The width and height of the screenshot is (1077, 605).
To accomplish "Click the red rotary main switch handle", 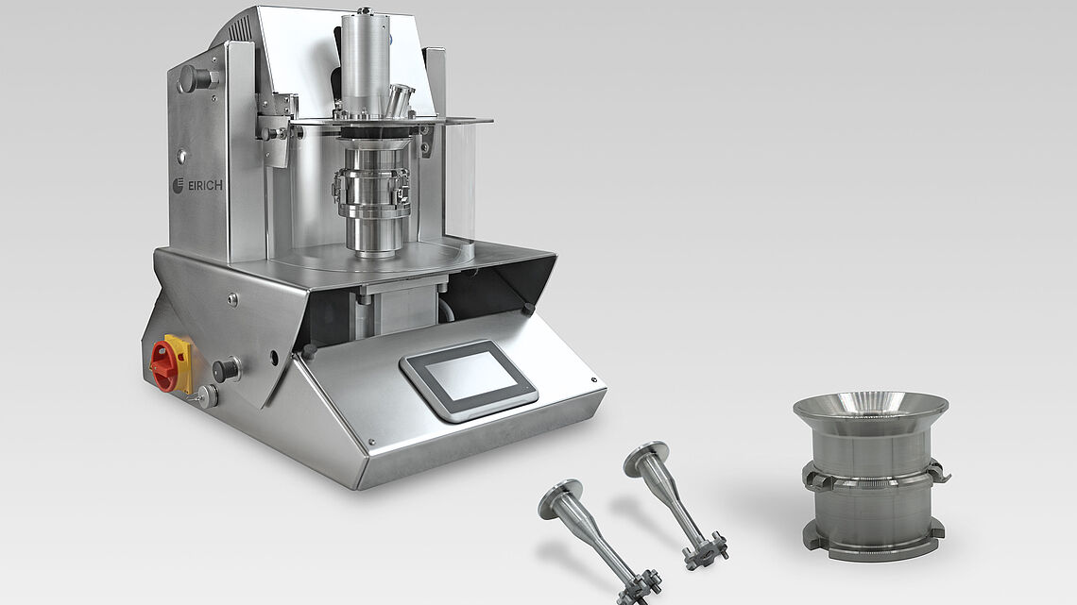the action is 163,365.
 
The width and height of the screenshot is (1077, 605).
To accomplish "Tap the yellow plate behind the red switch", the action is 179,363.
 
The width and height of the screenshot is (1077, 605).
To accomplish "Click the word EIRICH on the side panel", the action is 205,185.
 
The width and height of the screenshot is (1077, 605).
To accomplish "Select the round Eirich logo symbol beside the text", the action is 178,185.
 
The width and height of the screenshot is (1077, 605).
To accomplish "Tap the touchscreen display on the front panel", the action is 470,378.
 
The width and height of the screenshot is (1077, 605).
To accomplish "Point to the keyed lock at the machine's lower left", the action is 206,395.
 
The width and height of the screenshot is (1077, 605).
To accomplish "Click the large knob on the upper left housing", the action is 194,79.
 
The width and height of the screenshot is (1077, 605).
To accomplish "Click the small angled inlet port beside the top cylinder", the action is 399,99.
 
